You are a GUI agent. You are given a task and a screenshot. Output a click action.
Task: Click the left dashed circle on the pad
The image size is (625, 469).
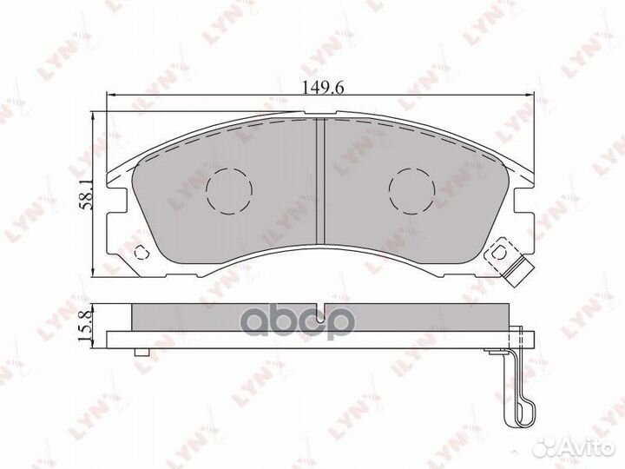[x=229, y=188]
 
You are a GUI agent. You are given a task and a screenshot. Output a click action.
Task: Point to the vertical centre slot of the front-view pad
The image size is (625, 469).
[x=319, y=181]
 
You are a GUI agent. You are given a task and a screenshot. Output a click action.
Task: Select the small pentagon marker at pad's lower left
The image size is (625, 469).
[x=144, y=254]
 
